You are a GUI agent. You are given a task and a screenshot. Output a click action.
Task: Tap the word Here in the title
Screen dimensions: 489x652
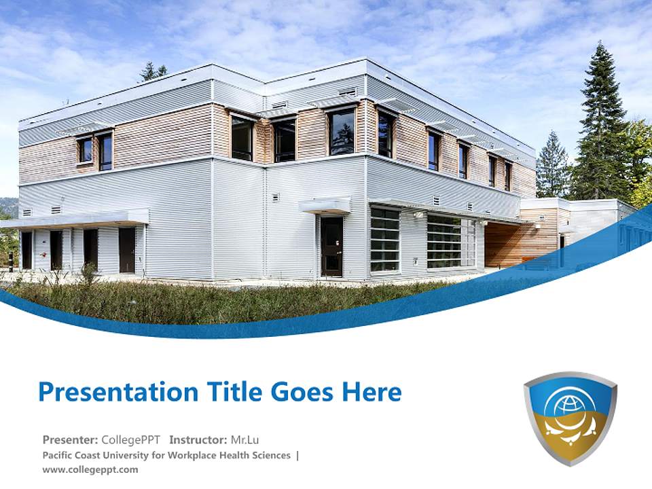tap(371, 392)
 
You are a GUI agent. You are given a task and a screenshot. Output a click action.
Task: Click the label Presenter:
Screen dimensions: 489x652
tap(70, 439)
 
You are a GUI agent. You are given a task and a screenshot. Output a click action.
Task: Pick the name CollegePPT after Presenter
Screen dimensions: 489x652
tap(130, 439)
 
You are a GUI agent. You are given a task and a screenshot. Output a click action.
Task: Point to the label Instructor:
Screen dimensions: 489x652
tap(198, 439)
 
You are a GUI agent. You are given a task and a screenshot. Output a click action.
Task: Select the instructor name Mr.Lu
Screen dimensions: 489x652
tap(244, 439)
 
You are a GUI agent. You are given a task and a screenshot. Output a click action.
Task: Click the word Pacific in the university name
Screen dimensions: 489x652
tap(59, 455)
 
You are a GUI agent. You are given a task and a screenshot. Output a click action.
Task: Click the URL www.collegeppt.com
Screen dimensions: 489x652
tap(90, 469)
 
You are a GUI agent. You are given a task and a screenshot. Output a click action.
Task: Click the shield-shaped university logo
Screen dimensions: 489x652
tap(570, 417)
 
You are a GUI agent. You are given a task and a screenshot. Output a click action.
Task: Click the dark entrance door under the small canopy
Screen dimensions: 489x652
tap(331, 246)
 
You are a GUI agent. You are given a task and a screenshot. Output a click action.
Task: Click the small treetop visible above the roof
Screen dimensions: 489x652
tap(153, 71)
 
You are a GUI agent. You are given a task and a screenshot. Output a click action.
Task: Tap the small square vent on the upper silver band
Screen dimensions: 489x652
tap(347, 92)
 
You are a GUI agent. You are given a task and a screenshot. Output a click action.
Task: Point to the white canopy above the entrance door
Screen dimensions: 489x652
tap(325, 205)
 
